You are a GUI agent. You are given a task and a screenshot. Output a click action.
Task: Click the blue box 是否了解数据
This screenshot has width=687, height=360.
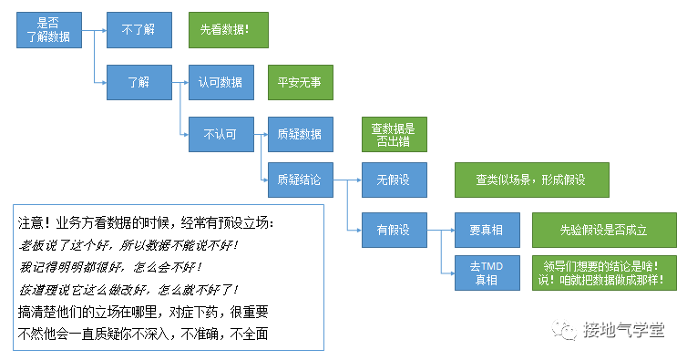[47, 30]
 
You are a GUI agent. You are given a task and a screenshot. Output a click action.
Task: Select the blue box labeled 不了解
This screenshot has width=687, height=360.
[138, 29]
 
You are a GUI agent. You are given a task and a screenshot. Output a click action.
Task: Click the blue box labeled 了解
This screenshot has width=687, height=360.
[138, 82]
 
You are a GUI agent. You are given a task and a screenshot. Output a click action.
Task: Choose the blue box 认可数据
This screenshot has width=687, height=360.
[220, 82]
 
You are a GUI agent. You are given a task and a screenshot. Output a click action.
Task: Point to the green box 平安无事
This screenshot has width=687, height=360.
[299, 82]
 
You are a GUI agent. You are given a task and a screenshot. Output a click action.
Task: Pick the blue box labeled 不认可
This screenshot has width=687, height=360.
[220, 134]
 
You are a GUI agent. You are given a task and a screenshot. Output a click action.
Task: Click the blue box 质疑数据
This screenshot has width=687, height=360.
[299, 134]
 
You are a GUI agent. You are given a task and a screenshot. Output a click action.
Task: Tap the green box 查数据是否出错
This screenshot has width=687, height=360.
[393, 134]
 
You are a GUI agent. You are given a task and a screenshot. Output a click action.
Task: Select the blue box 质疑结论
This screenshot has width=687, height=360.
[299, 180]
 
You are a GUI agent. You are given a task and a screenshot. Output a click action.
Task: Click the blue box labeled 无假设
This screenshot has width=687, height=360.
[393, 180]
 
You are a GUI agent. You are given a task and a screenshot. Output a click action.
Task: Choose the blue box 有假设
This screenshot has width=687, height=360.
[393, 229]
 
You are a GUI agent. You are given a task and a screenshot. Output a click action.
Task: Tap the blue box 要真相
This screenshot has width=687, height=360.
[487, 229]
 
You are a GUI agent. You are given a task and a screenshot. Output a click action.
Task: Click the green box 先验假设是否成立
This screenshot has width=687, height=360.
[604, 229]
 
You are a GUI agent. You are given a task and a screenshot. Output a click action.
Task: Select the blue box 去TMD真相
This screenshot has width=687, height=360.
[487, 273]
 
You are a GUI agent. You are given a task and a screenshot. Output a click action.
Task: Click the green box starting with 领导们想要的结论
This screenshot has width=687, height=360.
[604, 273]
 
